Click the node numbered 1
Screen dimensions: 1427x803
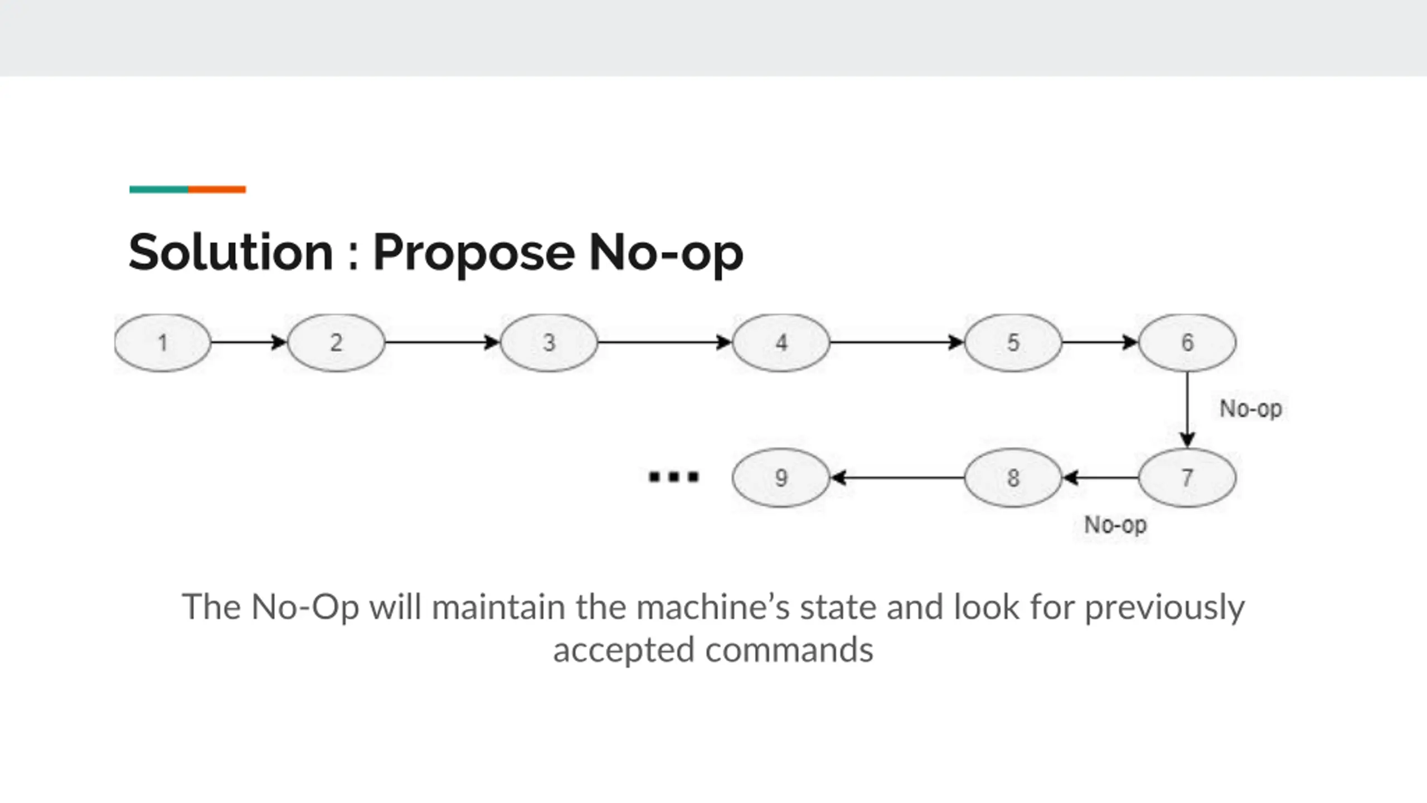tap(162, 342)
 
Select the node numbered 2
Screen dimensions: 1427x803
tap(336, 342)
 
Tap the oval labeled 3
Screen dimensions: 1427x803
tap(549, 342)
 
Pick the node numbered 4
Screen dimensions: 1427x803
tap(781, 342)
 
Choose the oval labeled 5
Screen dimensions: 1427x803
tap(1013, 342)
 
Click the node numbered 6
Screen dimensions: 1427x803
tap(1187, 342)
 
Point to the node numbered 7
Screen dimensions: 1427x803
tap(1187, 478)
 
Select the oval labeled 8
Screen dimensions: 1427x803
tap(1013, 478)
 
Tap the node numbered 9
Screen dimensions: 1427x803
tap(781, 478)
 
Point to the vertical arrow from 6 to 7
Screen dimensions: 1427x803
tap(1187, 410)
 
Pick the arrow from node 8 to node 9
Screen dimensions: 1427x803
tap(897, 478)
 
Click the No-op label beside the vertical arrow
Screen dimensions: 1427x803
tap(1250, 409)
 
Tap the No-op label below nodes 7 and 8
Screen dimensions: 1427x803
tap(1115, 525)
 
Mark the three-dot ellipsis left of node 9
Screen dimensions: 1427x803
tap(673, 477)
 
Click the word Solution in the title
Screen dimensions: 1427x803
tap(231, 253)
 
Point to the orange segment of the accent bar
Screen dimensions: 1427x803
tap(217, 190)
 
